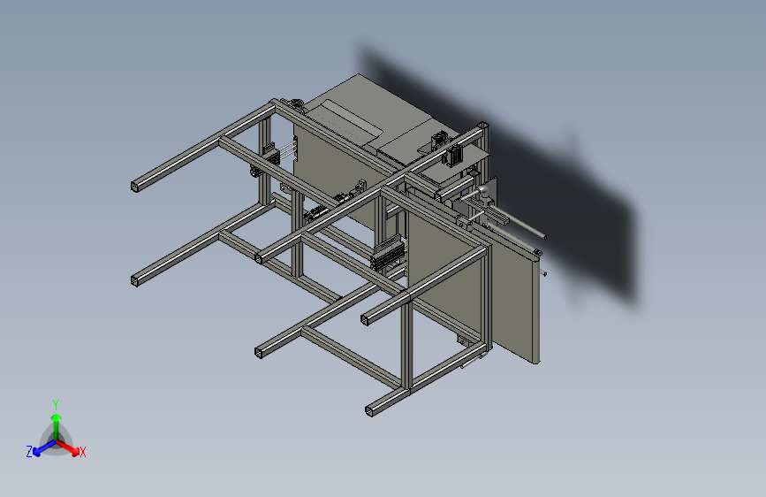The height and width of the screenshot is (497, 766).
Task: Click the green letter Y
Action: pyautogui.click(x=56, y=404)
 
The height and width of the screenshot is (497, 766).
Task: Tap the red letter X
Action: pyautogui.click(x=82, y=452)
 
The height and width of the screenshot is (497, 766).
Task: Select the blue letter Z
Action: pyautogui.click(x=29, y=452)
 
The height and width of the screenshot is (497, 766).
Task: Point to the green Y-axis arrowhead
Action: pyautogui.click(x=57, y=417)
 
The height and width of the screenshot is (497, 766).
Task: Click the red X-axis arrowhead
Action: pyautogui.click(x=75, y=452)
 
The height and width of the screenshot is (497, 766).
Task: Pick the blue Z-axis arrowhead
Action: pyautogui.click(x=36, y=452)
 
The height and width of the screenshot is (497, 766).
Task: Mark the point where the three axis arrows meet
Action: pyautogui.click(x=57, y=441)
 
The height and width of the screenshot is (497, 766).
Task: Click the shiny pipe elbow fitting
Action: pyautogui.click(x=482, y=192)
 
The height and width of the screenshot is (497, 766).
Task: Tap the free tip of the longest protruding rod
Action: pyautogui.click(x=544, y=237)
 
